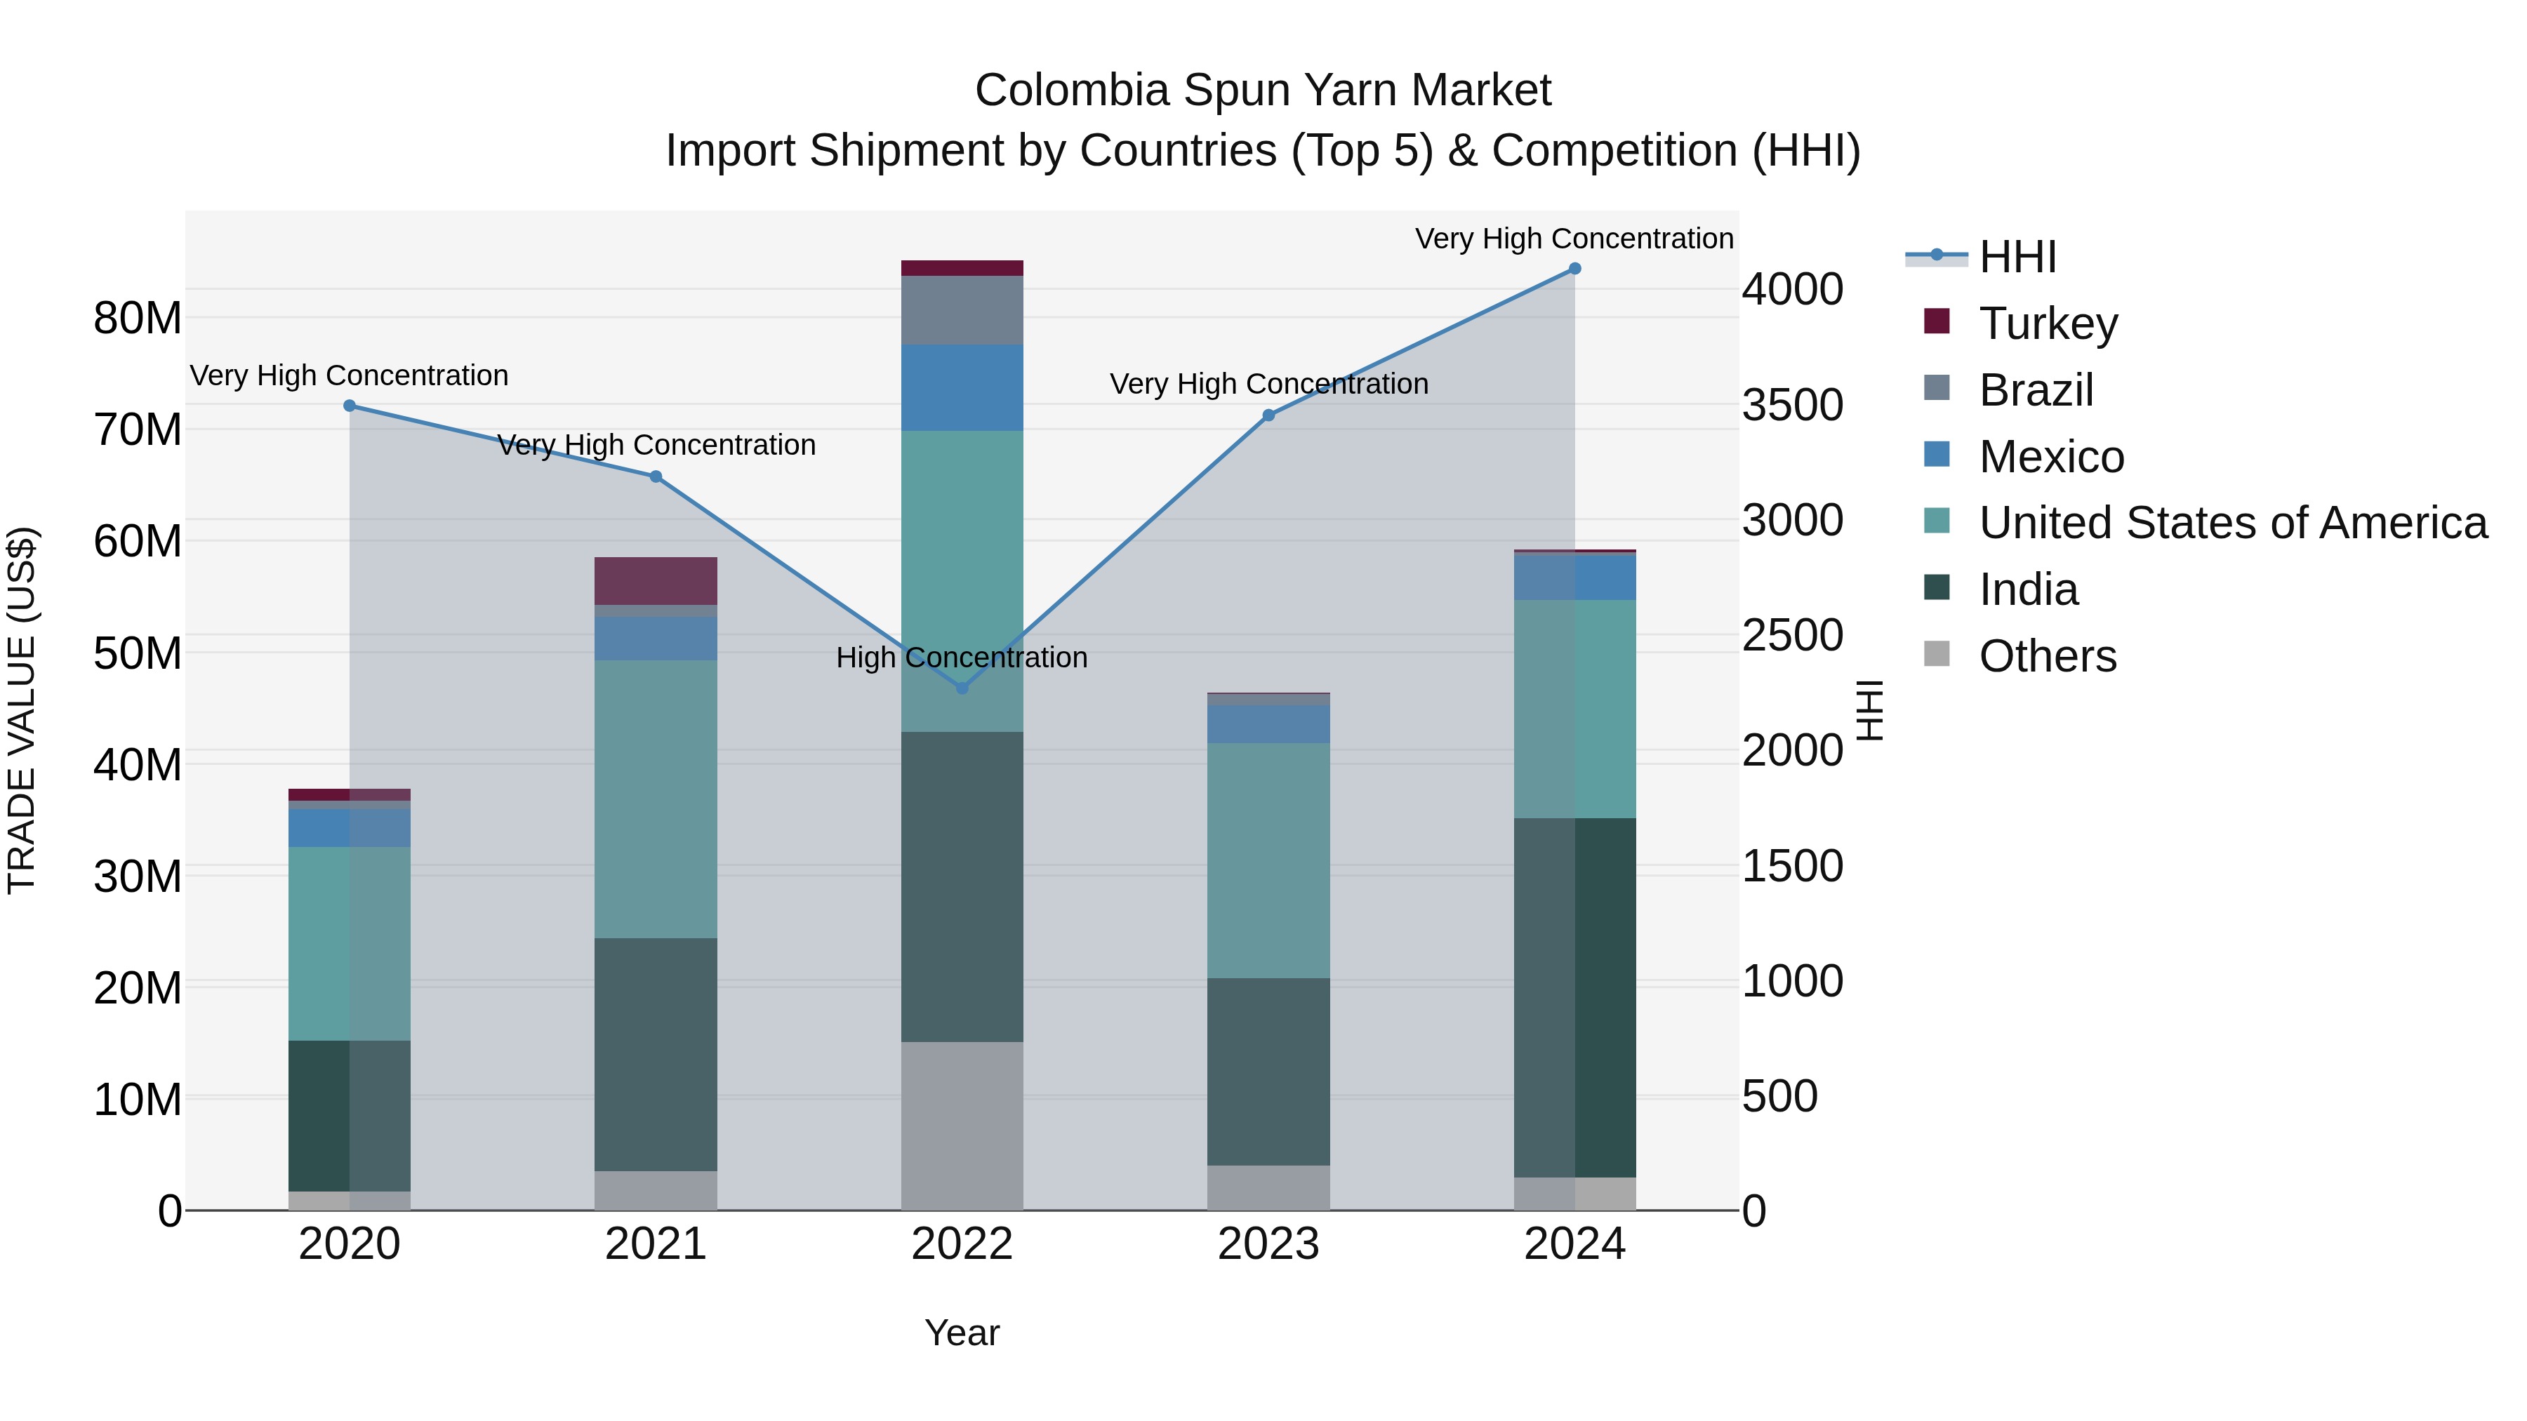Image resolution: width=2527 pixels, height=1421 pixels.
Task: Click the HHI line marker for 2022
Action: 962,688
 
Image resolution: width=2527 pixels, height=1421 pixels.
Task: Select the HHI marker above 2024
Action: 1574,269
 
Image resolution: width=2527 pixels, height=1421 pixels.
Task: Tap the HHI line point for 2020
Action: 350,406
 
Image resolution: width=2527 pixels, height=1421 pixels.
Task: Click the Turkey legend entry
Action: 2048,323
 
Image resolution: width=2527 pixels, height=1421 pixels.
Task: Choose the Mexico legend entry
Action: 2050,457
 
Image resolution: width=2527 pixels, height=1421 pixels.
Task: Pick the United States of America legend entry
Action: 2231,523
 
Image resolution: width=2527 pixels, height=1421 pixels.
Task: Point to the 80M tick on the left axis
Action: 138,319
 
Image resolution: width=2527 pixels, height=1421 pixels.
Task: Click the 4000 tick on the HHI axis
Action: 1792,291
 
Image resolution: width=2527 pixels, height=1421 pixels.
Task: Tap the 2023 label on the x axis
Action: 1268,1244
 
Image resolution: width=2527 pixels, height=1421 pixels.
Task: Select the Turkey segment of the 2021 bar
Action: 656,580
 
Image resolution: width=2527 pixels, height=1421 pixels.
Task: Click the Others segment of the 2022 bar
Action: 962,1126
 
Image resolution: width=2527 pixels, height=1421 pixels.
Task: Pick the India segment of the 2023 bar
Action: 1268,1071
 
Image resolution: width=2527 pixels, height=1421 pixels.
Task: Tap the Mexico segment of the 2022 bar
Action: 962,387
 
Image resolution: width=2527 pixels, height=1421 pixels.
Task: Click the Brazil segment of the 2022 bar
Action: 962,310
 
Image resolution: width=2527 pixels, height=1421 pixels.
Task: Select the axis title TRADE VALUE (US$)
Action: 22,710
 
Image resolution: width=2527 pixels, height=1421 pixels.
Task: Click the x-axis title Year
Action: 962,1333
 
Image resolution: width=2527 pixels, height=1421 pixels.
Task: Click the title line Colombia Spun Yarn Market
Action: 1263,91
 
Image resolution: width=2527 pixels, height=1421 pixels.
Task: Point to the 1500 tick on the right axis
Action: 1792,866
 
